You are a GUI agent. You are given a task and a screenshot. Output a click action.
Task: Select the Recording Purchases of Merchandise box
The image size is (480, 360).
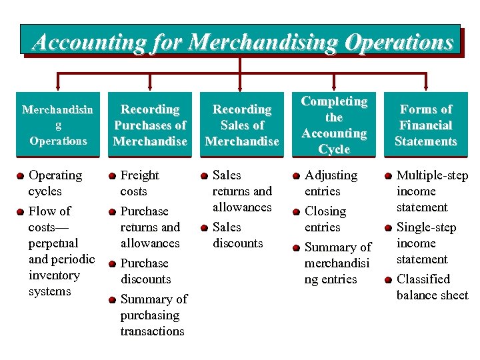point(150,125)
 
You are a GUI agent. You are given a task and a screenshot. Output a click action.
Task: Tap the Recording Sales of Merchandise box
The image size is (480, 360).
point(242,125)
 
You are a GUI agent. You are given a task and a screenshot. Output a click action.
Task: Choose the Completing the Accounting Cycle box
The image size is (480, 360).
point(334,125)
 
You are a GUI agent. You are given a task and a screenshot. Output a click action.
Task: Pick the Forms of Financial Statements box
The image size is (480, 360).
point(426,125)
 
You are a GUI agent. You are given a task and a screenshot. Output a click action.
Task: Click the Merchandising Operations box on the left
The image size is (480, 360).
point(58,125)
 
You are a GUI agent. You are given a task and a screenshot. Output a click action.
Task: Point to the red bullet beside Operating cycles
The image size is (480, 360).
point(21,176)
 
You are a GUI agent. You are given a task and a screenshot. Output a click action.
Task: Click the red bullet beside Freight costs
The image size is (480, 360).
point(113,176)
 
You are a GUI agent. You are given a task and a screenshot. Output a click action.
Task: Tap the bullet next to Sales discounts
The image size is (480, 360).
point(205,228)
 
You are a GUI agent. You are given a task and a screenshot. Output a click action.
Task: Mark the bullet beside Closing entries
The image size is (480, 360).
point(297,212)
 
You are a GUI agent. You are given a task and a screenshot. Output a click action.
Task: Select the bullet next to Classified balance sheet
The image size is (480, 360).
point(389,280)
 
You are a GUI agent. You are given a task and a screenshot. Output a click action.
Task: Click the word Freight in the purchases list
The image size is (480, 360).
point(139,175)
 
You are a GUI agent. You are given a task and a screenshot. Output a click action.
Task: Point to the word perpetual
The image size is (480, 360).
point(53,243)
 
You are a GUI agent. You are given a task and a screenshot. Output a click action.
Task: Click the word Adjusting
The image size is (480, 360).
point(331,175)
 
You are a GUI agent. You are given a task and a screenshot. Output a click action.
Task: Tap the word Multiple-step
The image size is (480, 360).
point(432,175)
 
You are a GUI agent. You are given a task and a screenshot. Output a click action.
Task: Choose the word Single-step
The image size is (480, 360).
point(426,227)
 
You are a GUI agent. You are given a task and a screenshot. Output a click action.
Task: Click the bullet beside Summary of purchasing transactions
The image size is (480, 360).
point(113,300)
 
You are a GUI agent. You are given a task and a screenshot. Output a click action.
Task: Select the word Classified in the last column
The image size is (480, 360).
point(423,279)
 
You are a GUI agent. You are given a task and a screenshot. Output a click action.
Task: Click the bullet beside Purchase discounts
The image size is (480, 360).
point(113,264)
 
